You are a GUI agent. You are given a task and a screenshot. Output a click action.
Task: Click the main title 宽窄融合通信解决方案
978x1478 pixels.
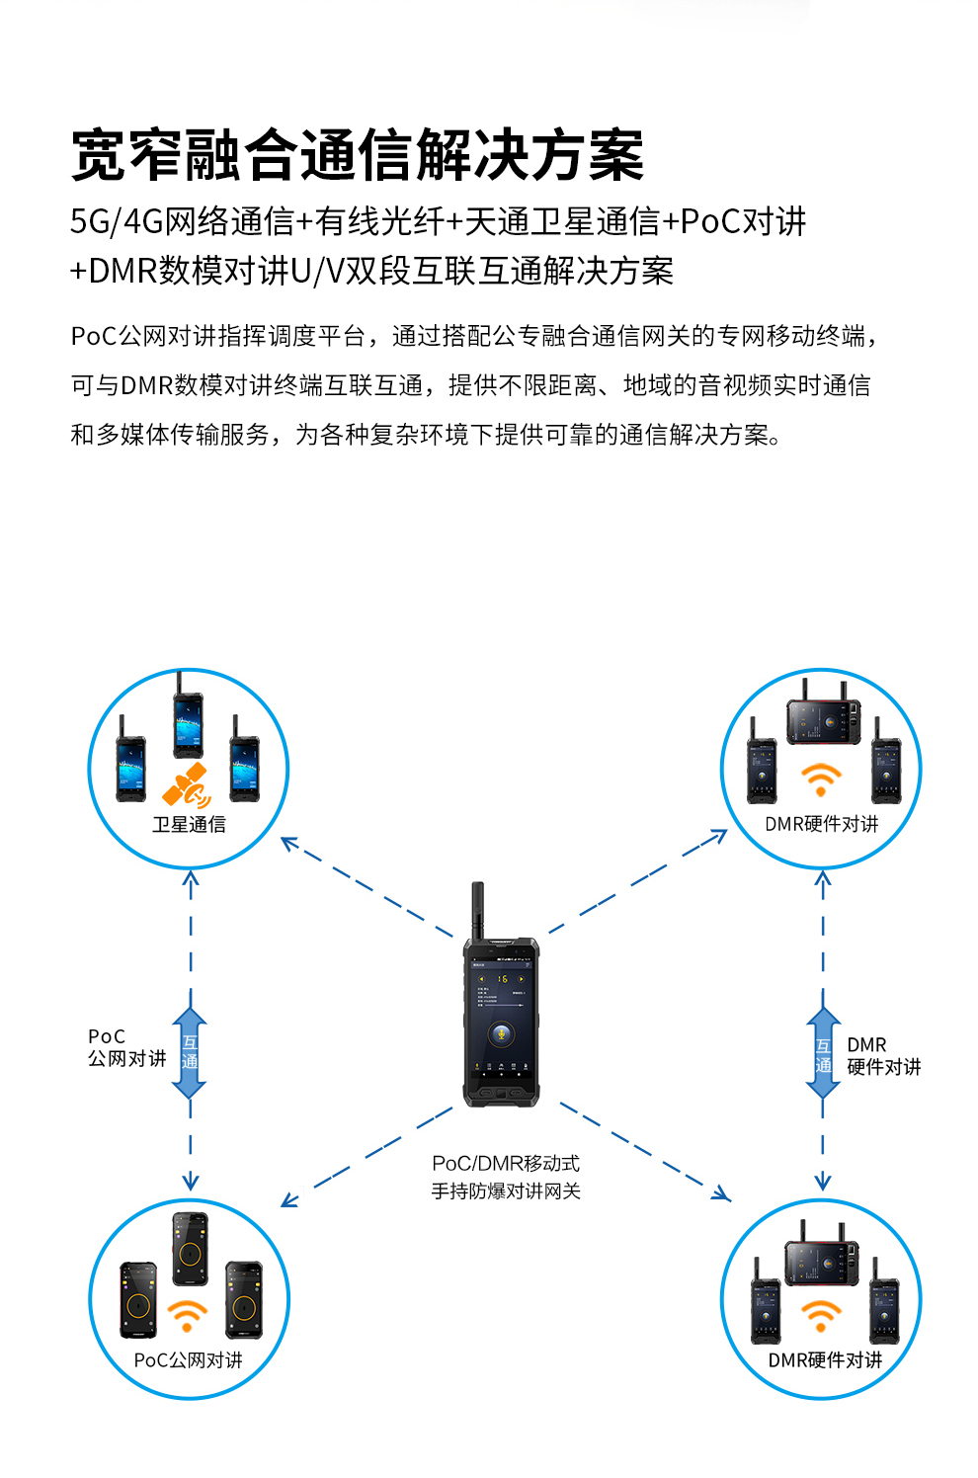358,156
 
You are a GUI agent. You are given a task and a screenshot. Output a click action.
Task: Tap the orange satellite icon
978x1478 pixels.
187,786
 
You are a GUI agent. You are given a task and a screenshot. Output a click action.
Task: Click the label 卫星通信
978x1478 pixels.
189,824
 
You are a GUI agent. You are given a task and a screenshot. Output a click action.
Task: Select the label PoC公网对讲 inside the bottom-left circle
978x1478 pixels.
189,1360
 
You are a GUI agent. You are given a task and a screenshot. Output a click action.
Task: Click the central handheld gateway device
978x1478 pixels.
501,1018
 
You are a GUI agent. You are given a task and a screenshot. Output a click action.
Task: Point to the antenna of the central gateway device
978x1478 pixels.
478,909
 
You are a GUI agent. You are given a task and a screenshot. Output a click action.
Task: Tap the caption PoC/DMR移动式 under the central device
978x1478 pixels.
506,1164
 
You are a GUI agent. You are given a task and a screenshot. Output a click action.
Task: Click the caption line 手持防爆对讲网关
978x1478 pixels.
506,1191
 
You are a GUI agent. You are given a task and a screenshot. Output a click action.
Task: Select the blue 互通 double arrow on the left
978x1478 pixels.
190,1053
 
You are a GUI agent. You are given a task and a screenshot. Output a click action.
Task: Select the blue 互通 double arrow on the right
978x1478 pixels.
823,1053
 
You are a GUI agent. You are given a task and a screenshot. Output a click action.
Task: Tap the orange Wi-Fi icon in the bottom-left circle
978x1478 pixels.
187,1316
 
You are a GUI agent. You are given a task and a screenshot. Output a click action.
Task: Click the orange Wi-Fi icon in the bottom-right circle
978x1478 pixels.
821,1316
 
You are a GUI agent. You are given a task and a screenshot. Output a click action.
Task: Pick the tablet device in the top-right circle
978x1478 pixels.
823,719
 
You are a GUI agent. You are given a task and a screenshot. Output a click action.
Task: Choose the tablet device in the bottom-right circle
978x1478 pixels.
821,1260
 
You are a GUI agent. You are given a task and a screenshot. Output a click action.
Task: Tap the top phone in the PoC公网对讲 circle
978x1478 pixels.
191,1248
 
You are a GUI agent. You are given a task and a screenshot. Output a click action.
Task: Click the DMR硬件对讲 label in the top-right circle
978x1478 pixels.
822,824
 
